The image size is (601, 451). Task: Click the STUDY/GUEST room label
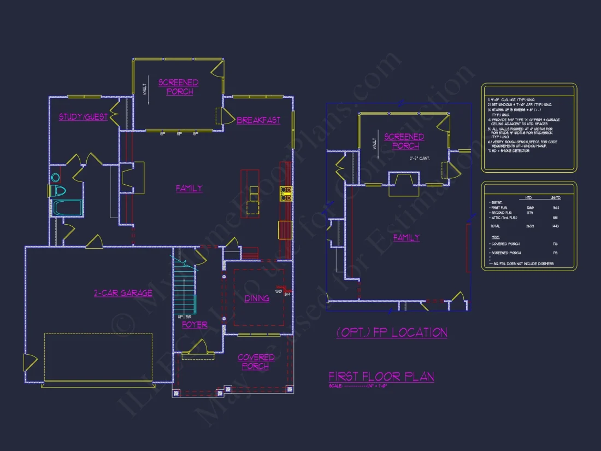[x=83, y=117]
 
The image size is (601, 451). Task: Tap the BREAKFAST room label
[x=258, y=120]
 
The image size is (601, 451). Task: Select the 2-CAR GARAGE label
[x=122, y=293]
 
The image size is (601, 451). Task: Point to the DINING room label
[x=257, y=298]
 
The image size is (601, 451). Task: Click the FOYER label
[x=195, y=325]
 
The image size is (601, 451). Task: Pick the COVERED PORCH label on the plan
[x=256, y=362]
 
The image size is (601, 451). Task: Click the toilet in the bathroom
[x=57, y=191]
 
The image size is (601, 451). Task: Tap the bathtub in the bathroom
[x=67, y=208]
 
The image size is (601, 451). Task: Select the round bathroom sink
[x=55, y=177]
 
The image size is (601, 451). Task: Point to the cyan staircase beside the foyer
[x=184, y=288]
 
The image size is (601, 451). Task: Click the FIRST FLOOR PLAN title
[x=381, y=377]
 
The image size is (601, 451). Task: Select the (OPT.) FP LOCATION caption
[x=392, y=332]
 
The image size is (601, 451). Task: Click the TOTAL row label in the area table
[x=496, y=225]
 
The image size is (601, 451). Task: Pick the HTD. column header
[x=529, y=197]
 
